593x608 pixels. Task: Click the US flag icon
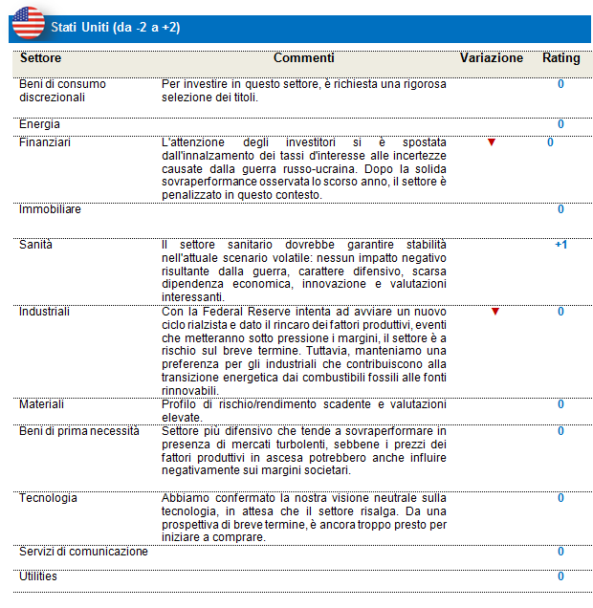[28, 22]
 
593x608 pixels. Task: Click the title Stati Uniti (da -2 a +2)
[115, 28]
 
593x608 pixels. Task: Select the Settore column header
[40, 58]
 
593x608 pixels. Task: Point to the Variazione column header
[492, 58]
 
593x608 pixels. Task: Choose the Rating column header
[560, 58]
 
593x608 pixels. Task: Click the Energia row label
[39, 124]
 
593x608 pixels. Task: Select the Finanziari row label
[45, 142]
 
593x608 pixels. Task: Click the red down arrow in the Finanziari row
[492, 142]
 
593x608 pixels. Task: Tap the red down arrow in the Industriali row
[494, 312]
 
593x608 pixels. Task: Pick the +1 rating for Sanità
[560, 245]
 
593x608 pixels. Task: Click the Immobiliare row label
[50, 209]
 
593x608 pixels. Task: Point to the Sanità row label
[36, 245]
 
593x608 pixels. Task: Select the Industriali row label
[45, 312]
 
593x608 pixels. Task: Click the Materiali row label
[42, 404]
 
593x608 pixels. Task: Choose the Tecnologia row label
[48, 498]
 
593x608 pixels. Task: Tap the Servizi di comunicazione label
[83, 552]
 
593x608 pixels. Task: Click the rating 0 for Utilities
[560, 576]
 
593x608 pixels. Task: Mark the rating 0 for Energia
[560, 124]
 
